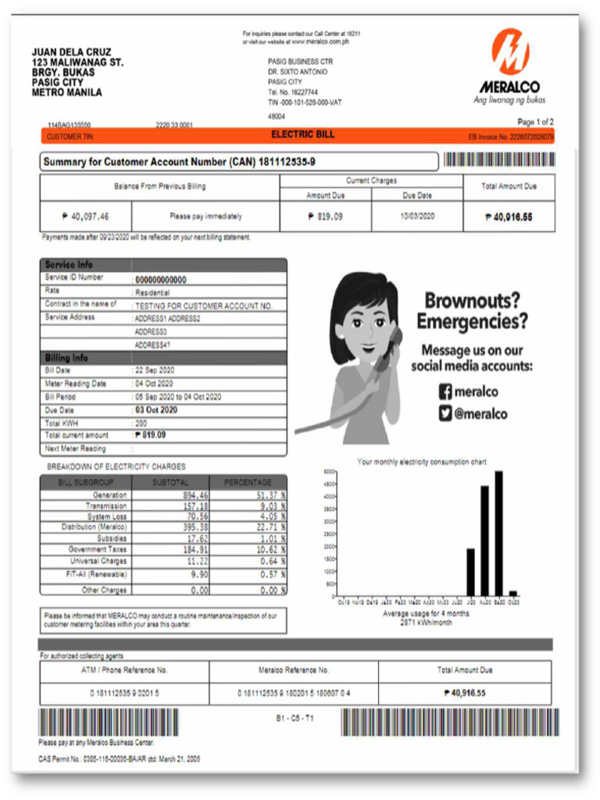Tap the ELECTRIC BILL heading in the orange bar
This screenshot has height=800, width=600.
tap(302, 135)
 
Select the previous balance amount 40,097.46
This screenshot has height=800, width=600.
tap(85, 216)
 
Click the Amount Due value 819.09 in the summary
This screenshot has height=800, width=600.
tap(324, 216)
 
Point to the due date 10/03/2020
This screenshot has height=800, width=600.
tap(417, 216)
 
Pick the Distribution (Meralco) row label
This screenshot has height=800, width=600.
tap(94, 527)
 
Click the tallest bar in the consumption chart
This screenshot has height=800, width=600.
tap(498, 533)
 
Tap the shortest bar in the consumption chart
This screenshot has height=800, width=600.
tap(513, 594)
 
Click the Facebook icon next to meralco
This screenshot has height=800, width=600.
tap(445, 392)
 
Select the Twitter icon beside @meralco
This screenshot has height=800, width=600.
tap(445, 414)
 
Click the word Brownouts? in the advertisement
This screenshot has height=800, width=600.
tap(472, 301)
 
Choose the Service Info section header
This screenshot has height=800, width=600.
tap(69, 265)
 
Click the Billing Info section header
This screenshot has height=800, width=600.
tap(66, 358)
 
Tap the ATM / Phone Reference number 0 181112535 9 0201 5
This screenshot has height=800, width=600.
tap(124, 693)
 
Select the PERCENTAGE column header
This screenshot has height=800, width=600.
tap(248, 483)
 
